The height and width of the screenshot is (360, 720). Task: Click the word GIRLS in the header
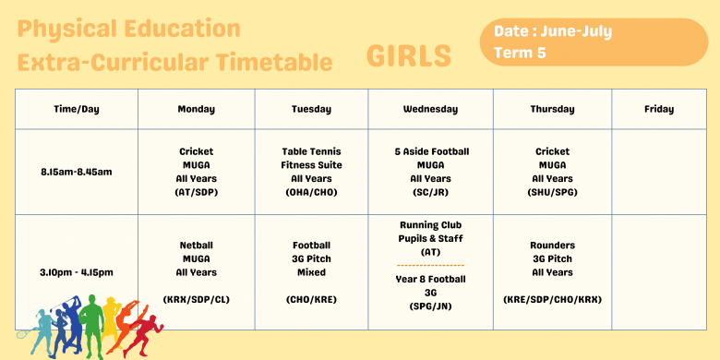coord(409,56)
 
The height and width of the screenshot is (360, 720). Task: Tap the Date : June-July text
coord(553,31)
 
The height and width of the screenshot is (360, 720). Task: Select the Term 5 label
coord(520,53)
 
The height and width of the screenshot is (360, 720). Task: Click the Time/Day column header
coord(77,109)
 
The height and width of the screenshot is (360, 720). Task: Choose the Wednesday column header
coord(430,109)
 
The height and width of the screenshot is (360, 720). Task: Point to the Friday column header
coord(658,109)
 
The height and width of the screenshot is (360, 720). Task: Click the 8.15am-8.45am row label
coord(77,172)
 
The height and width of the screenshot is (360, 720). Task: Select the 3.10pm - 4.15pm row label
coord(77,272)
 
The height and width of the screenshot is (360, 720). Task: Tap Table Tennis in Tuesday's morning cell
coord(311,151)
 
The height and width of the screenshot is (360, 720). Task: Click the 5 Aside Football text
coord(430,151)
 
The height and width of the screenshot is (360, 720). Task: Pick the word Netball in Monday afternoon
coord(197,246)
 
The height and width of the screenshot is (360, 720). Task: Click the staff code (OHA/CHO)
coord(311,192)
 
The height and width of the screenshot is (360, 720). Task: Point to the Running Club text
coord(430,225)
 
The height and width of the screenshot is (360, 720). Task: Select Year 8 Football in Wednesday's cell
coord(430,279)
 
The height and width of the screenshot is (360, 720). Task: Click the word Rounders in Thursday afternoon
coord(552,246)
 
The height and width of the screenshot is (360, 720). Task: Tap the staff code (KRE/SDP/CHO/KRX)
coord(552,299)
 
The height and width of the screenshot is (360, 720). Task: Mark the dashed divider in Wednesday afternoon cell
coord(430,265)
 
